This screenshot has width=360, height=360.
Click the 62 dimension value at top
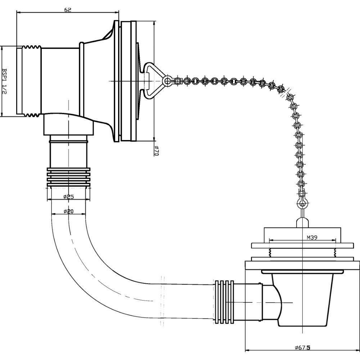tap(67, 9)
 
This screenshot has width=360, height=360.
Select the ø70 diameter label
tap(157, 150)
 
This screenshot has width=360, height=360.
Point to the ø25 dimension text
tap(68, 197)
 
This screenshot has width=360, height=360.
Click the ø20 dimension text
tap(68, 211)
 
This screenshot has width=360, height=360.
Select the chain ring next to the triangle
tap(166, 81)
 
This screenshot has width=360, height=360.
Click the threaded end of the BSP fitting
tap(32, 81)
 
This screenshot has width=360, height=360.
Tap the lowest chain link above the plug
tap(302, 204)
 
